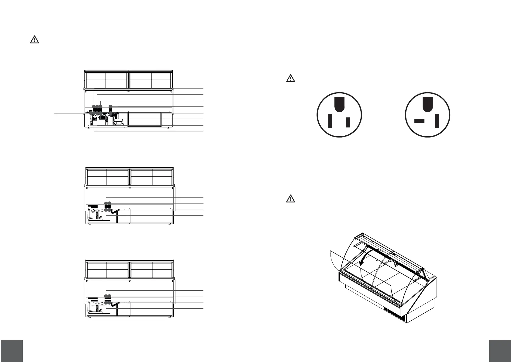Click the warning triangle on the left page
34,40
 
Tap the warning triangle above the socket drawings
291,78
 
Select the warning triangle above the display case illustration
291,199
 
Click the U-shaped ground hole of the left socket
339,104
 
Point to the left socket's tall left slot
330,121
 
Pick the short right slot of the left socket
348,122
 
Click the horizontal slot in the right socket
419,121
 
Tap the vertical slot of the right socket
437,121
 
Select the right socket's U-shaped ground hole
427,104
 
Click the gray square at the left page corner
12,351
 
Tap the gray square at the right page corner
500,351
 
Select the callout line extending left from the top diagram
70,113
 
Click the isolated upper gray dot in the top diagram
110,106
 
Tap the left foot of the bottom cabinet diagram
89,318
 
